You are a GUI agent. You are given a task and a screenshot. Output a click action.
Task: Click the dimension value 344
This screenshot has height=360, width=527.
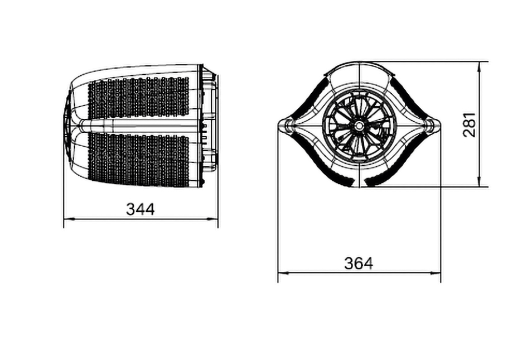[x=141, y=209]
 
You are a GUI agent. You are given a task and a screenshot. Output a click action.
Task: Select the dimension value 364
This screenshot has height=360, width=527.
[x=359, y=263]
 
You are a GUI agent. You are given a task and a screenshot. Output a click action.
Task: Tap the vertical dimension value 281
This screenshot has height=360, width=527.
[x=470, y=124]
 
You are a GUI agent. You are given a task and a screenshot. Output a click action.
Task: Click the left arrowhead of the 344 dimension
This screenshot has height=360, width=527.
[x=69, y=219]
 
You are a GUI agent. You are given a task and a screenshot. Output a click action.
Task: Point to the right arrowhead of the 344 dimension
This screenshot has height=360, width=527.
[x=212, y=219]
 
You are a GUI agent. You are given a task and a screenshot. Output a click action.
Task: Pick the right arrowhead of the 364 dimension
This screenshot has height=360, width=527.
[x=435, y=273]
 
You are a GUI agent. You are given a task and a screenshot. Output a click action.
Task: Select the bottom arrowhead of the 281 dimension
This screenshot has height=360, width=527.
[x=479, y=181]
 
